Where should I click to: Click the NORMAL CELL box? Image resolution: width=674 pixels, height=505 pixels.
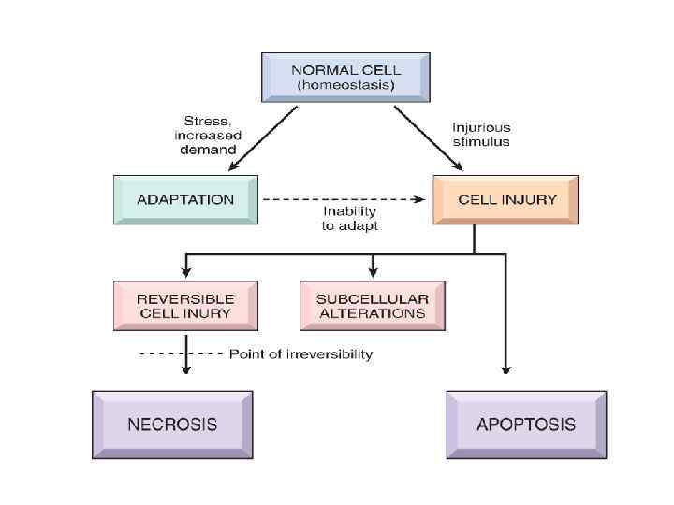344,77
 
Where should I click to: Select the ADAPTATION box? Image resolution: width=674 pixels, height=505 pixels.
185,199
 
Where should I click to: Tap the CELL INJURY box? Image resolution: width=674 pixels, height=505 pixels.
506,199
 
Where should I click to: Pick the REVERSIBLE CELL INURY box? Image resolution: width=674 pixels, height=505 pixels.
185,306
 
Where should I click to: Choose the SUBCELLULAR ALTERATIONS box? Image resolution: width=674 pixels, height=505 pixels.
372,306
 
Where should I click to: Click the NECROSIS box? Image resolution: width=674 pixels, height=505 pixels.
172,425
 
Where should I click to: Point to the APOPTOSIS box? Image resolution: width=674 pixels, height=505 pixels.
525,425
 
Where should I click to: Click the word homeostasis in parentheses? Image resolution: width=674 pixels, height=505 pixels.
345,85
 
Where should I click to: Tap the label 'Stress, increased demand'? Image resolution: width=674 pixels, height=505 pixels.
210,135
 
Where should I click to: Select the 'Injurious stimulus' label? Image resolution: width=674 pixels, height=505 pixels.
481,134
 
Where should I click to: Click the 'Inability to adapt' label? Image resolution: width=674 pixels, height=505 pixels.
344,218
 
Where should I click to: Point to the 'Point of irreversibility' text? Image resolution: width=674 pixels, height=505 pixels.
300,354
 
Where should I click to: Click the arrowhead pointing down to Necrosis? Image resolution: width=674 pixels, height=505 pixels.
185,369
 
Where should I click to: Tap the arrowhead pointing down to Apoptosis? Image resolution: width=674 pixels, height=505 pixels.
506,369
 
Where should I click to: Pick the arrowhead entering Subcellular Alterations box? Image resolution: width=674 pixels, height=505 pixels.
373,272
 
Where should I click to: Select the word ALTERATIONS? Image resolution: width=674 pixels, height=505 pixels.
372,313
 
